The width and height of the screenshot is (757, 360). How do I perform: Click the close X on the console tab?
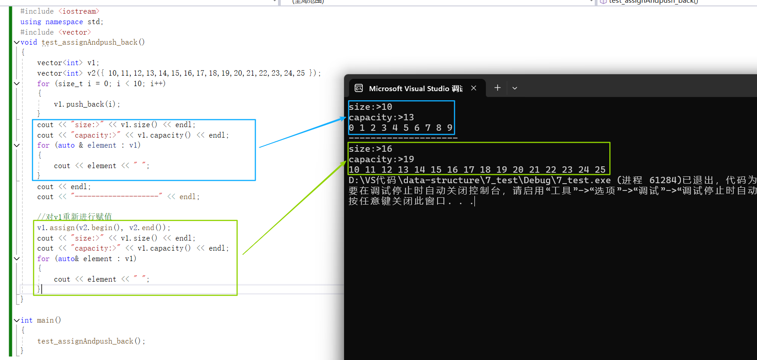[474, 88]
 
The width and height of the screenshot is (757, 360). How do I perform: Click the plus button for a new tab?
[497, 88]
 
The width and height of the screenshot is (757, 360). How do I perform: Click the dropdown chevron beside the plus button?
[515, 88]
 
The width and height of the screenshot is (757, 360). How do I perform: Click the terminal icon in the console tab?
[359, 88]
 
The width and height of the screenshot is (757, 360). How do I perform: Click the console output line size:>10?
[370, 107]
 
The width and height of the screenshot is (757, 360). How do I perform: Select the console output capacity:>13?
[381, 118]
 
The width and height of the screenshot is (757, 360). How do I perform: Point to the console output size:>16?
[370, 149]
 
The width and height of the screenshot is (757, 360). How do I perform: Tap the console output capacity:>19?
[381, 159]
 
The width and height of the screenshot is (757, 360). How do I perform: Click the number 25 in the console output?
[600, 170]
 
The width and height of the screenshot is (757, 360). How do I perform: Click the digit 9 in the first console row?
[449, 128]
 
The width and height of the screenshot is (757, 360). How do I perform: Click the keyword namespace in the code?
[64, 22]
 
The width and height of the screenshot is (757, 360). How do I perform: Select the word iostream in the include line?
[78, 11]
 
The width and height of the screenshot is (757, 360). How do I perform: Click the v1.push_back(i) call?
[87, 104]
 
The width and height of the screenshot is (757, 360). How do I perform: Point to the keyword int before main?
[26, 320]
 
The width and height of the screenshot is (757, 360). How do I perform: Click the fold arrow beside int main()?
[17, 320]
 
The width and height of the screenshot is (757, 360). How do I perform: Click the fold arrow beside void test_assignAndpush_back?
[17, 42]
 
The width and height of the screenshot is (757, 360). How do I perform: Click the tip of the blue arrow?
[345, 118]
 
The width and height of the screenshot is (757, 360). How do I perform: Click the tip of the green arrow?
[345, 162]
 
